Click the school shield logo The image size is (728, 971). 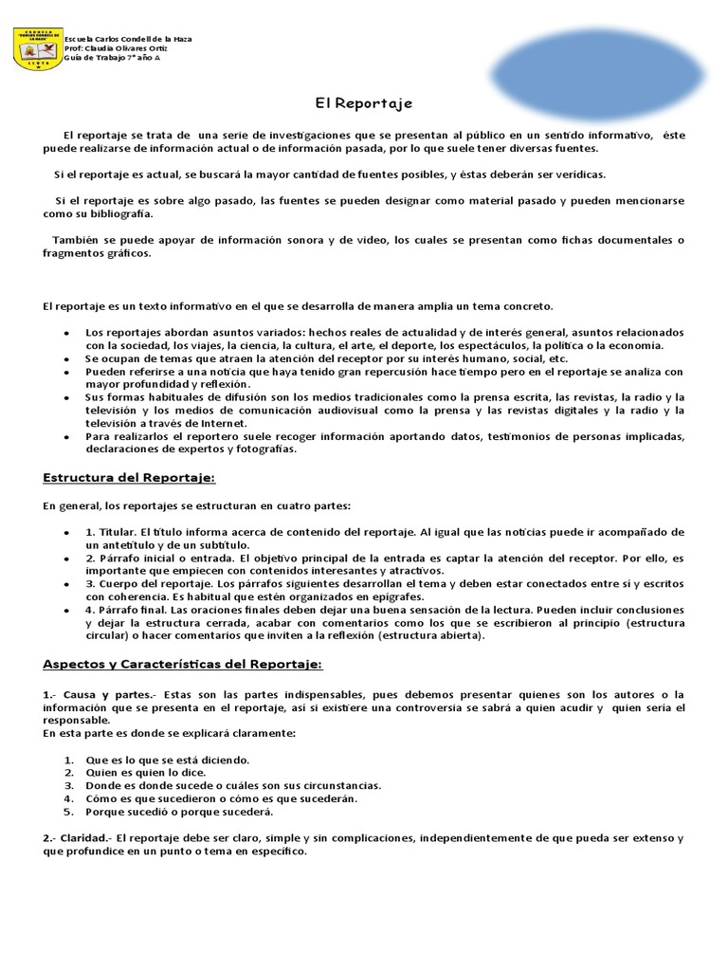pyautogui.click(x=39, y=48)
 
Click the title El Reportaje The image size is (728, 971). pyautogui.click(x=363, y=102)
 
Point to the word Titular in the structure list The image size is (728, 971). pyautogui.click(x=118, y=532)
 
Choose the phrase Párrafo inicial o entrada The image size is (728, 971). pyautogui.click(x=149, y=559)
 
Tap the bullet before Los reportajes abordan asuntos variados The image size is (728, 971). pyautogui.click(x=65, y=333)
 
